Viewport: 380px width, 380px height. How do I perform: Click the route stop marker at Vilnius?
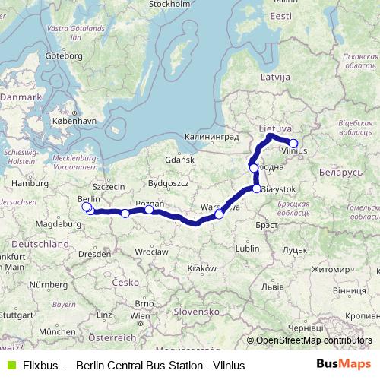293,143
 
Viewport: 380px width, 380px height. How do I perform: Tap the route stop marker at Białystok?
257,188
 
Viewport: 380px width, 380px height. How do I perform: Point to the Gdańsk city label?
181,160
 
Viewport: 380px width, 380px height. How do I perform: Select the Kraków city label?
201,268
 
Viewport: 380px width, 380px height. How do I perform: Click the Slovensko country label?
195,312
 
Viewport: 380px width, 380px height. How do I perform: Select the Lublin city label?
248,248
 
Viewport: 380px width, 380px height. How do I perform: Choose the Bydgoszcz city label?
168,183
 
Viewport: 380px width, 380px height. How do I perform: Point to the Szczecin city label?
108,185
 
